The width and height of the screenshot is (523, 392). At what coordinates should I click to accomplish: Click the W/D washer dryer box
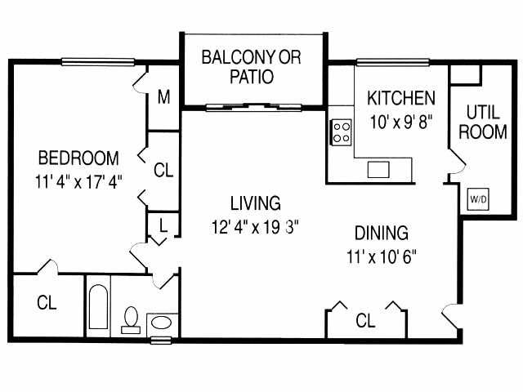476,198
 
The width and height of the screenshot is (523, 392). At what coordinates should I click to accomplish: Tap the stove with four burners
341,132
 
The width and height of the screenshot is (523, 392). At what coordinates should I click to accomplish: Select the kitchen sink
378,169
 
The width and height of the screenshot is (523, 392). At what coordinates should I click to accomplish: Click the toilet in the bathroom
130,319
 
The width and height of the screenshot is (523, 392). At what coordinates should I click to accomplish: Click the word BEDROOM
78,158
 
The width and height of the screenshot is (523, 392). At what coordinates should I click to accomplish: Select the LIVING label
254,202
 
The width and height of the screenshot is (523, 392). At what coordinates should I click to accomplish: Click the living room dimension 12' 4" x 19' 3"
254,226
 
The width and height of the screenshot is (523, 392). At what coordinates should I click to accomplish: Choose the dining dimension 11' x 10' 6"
382,256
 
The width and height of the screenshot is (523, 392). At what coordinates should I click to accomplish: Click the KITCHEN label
400,99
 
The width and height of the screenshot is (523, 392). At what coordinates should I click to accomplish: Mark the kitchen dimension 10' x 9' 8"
400,122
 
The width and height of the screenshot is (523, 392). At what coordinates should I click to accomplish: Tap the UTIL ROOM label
482,121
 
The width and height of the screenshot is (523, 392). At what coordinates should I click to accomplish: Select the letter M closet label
163,98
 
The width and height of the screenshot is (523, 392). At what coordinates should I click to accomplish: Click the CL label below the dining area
365,321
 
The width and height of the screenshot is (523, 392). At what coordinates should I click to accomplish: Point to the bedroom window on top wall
97,61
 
